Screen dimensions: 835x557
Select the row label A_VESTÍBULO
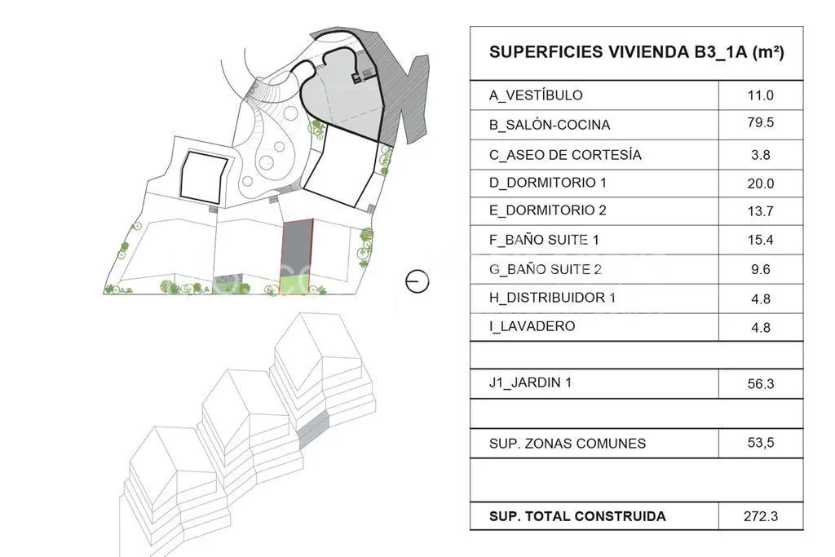coord(536,95)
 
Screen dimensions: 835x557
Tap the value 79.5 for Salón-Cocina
coord(760,122)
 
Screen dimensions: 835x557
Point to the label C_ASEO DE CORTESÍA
coord(565,155)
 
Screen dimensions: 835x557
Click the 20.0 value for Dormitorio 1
coord(760,183)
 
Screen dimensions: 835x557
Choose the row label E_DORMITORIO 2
coord(547,210)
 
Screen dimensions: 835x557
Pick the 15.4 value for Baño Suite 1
coord(760,240)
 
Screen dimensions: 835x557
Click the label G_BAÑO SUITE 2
coord(545,269)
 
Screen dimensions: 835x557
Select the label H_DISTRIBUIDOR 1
coord(552,298)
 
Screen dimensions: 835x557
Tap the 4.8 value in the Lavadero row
coord(760,327)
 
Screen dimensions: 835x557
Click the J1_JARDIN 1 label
coord(530,382)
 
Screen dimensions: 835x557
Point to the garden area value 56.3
coord(760,384)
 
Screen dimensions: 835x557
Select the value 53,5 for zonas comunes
coord(761,443)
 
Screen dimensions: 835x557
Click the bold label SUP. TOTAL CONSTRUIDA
coord(577,516)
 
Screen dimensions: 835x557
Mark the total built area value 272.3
coord(761,516)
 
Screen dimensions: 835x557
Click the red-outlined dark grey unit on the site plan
coord(297,250)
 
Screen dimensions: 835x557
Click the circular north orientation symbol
coord(417,281)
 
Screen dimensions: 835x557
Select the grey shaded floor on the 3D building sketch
coord(313,430)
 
